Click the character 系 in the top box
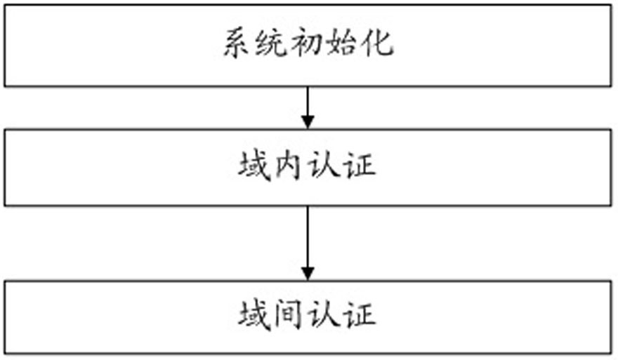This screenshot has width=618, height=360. pos(237,43)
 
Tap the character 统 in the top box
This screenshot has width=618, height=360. pos(270,43)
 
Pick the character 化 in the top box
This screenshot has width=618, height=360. pos(377,43)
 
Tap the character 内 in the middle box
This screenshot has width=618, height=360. pos(289,166)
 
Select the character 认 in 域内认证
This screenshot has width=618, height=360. pos(323,166)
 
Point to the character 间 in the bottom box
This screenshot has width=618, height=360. pos(289,316)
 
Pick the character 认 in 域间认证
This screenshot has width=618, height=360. pos(323,316)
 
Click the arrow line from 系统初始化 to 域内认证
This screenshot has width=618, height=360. pos(308,107)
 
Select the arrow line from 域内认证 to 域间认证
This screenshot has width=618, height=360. pos(308,244)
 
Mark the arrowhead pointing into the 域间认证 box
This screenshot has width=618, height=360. pos(308,274)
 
